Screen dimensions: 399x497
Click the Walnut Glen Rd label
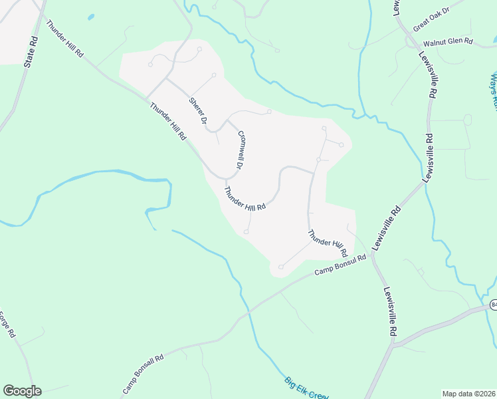coord(448,41)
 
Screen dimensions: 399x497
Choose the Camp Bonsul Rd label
coord(340,265)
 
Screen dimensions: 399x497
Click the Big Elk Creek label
coord(306,388)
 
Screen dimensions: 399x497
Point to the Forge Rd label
coord(7,324)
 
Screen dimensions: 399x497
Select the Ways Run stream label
coord(494,90)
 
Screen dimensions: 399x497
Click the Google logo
coord(22,391)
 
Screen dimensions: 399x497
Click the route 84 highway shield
coord(494,305)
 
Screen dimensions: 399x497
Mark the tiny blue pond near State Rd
coord(90,16)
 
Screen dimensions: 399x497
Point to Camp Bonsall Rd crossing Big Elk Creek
coord(247,311)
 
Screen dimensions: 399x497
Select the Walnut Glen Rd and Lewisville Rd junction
coord(417,47)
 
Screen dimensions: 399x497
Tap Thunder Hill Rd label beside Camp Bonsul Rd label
coord(328,243)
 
